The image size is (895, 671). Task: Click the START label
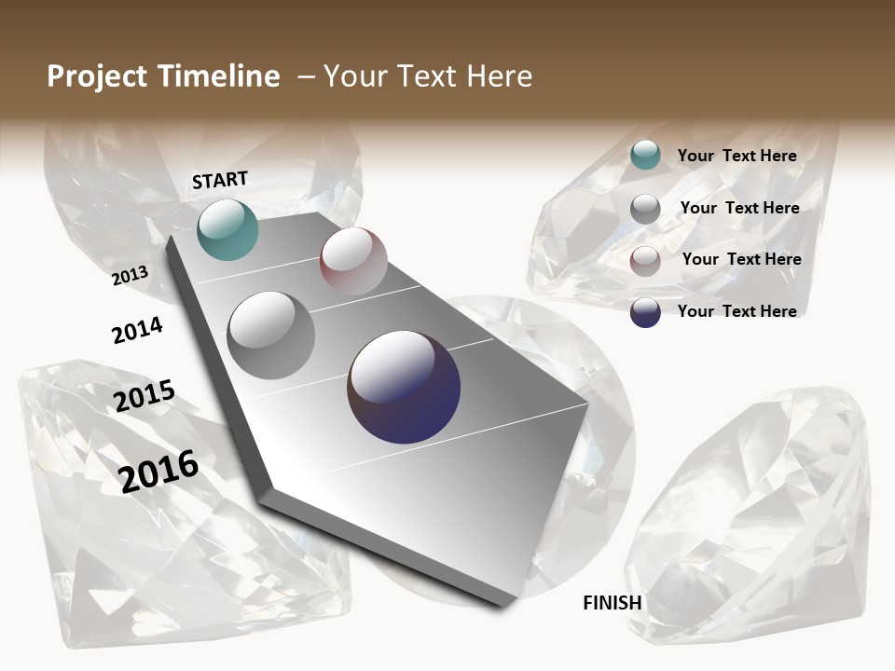pos(220,180)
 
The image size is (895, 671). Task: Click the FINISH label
pos(613,603)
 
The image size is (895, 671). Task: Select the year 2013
pos(130,276)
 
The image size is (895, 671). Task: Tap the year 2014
pos(137,330)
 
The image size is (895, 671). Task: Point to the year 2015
pos(145,396)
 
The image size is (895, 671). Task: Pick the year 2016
pos(158,470)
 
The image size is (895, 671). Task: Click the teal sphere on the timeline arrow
pos(227,229)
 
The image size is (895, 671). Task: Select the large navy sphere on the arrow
pos(404,387)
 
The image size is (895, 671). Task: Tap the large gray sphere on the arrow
pos(270,335)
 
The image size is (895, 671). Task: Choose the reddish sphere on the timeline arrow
pos(353,261)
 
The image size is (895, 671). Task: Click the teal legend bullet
pos(645,156)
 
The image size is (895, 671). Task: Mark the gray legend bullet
pos(645,209)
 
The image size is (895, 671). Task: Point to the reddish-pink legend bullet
pos(645,261)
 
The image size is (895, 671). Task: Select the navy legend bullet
pos(645,312)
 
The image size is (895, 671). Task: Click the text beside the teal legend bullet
pos(737,156)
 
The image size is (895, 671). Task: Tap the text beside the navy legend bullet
pos(737,311)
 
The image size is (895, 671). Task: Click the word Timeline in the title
pos(216,76)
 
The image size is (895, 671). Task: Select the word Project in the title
pos(97,76)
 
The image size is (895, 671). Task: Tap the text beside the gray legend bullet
pos(739,208)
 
